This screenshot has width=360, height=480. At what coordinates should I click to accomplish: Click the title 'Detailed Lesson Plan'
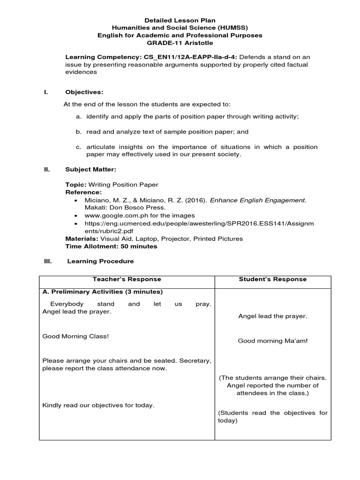tap(180, 20)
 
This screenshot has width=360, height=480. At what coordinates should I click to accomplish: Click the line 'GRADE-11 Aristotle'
tap(180, 43)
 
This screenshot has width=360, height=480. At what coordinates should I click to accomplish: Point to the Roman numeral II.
tap(46, 169)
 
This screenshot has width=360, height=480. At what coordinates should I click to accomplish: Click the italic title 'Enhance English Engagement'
tap(257, 200)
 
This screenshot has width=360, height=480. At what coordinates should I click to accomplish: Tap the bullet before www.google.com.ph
tap(76, 216)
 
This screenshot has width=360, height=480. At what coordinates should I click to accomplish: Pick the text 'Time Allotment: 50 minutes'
tap(111, 246)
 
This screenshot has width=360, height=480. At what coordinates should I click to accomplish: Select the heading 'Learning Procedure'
tap(100, 261)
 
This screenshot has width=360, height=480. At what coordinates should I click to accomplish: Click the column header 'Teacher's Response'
tap(127, 279)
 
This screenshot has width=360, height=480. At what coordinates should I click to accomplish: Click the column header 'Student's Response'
tap(272, 279)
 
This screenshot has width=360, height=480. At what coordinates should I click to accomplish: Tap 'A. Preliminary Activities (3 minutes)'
tap(103, 292)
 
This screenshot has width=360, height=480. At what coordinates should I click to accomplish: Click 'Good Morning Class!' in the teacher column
tap(75, 337)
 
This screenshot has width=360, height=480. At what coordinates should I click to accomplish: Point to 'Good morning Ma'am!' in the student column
tap(272, 341)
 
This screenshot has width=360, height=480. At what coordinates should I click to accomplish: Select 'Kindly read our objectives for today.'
tap(98, 405)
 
